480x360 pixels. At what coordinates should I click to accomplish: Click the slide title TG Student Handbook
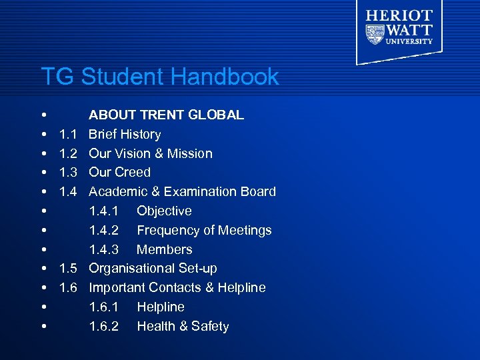click(x=159, y=77)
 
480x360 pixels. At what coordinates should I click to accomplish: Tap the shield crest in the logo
click(x=375, y=33)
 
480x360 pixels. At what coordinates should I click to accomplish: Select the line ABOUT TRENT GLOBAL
click(x=166, y=115)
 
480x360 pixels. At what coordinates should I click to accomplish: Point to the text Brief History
click(x=125, y=134)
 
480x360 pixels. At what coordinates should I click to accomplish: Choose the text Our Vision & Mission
click(x=151, y=153)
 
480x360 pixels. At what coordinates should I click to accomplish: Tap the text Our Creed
click(x=119, y=172)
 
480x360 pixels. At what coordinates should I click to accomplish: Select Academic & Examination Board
click(x=182, y=191)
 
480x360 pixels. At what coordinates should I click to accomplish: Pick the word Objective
click(x=164, y=211)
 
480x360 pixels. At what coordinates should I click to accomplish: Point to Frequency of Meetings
click(x=204, y=230)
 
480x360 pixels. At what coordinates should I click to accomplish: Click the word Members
click(x=164, y=249)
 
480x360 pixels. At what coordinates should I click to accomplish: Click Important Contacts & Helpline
click(x=177, y=287)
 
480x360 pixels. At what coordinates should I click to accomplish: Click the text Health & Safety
click(x=183, y=326)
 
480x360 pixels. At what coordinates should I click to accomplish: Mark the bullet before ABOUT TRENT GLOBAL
click(x=43, y=115)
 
